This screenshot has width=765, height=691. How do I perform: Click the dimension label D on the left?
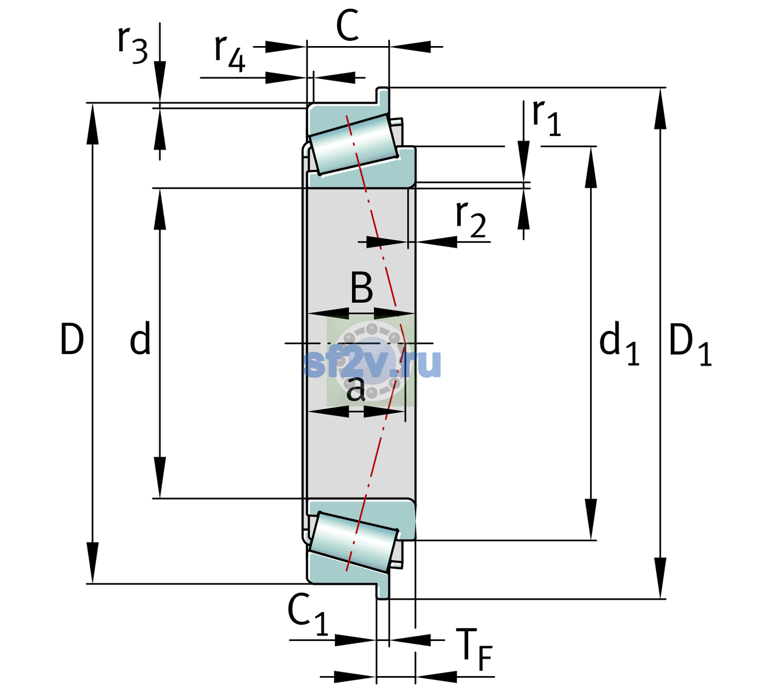point(72,339)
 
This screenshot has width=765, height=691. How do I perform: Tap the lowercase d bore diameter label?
point(140,337)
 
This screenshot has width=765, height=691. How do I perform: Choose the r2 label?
point(471,219)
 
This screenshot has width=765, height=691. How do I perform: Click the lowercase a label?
point(356,389)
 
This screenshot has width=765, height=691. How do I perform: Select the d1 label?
point(619,342)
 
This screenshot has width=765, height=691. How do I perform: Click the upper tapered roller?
point(354,145)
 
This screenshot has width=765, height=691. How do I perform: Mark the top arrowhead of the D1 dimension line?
point(660,109)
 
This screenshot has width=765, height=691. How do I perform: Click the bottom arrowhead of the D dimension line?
point(92,563)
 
